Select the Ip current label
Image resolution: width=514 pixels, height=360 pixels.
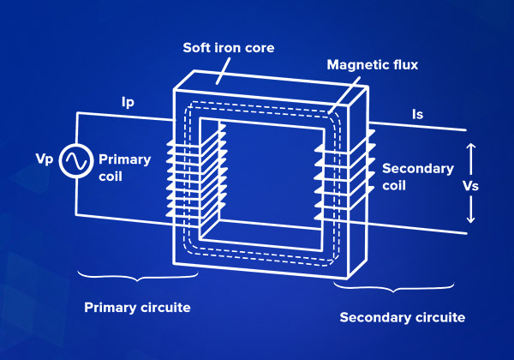pos(128,103)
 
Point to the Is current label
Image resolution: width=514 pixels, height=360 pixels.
pos(417,112)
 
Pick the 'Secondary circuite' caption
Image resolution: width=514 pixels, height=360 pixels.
pos(403,317)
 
